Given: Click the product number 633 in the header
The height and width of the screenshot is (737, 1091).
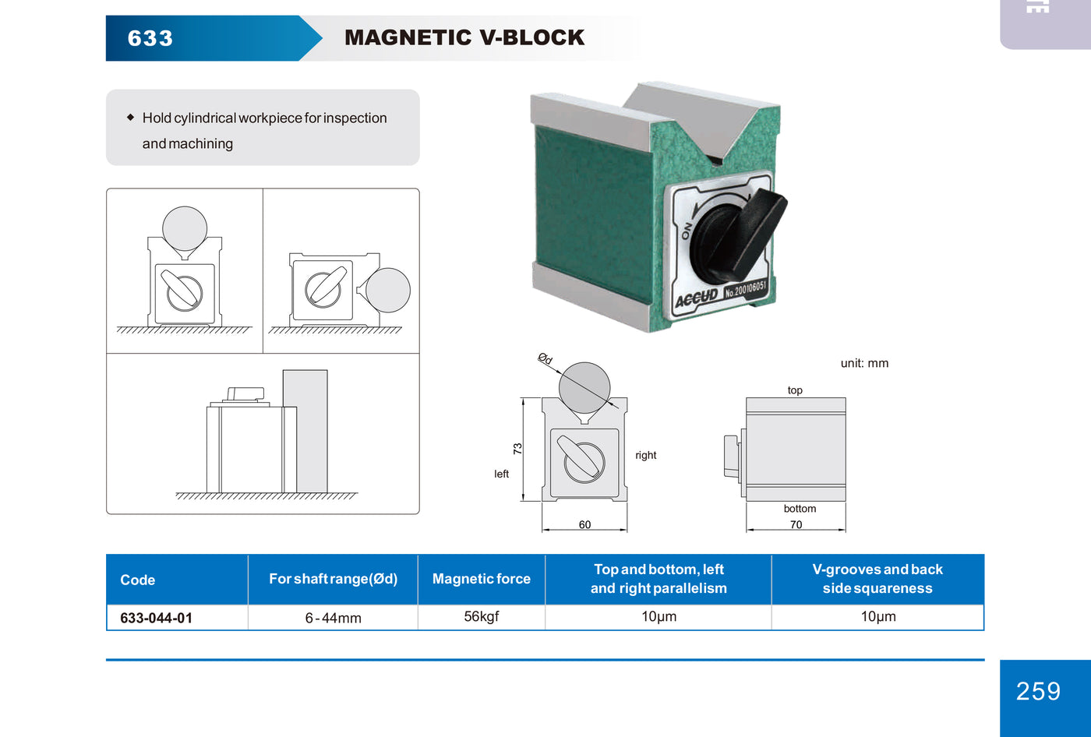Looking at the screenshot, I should click(x=150, y=38).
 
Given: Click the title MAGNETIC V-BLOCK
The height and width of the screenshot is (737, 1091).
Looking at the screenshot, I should click(x=464, y=37).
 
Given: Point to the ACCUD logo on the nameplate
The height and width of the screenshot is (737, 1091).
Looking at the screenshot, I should click(x=697, y=299).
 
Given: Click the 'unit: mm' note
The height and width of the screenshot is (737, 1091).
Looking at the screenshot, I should click(x=864, y=363).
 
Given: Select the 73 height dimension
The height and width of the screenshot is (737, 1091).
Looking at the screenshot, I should click(x=517, y=449).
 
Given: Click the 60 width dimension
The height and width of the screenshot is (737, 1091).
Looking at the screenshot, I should click(x=584, y=524).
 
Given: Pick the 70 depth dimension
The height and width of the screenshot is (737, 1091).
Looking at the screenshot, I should click(x=796, y=524).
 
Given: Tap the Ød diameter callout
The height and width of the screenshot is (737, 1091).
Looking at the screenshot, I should click(x=545, y=358).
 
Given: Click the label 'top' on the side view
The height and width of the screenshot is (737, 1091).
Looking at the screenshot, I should click(x=795, y=390).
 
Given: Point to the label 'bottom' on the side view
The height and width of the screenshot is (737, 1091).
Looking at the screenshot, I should click(x=800, y=509).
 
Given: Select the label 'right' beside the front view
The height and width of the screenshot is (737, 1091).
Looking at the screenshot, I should click(x=645, y=455).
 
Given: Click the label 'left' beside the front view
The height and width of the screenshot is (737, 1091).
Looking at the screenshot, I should click(x=501, y=474).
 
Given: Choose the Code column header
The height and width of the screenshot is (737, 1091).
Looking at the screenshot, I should click(x=138, y=580).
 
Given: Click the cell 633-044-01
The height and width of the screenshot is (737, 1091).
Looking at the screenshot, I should click(x=156, y=618).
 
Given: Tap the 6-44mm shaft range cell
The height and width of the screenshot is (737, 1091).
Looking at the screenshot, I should click(x=333, y=618).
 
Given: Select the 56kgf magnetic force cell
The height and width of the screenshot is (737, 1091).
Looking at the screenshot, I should click(x=481, y=616).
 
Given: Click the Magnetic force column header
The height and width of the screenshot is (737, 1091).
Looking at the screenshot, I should click(x=481, y=579).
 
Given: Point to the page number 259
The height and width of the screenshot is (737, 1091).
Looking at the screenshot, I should click(x=1038, y=691).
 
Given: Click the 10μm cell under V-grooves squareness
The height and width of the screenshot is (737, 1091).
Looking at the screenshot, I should click(x=877, y=616).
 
